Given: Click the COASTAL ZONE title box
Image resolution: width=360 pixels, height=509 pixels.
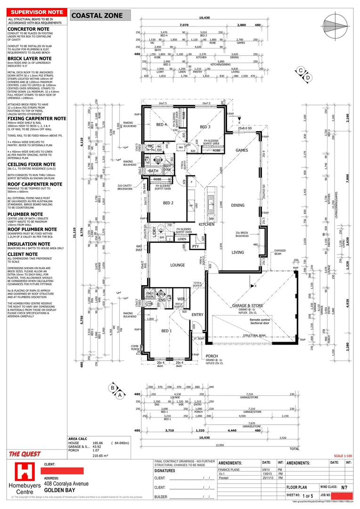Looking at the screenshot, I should click(100, 16).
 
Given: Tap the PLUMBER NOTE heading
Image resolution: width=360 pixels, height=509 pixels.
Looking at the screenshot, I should click(25, 201).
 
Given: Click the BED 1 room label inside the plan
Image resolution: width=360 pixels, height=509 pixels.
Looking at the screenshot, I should click(166, 331).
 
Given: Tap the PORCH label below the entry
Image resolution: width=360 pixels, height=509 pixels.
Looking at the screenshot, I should click(212, 356).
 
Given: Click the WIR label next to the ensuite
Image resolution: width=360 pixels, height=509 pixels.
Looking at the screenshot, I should click(180, 299).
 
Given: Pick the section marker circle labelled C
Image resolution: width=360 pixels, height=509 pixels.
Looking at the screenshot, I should click(300, 71).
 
